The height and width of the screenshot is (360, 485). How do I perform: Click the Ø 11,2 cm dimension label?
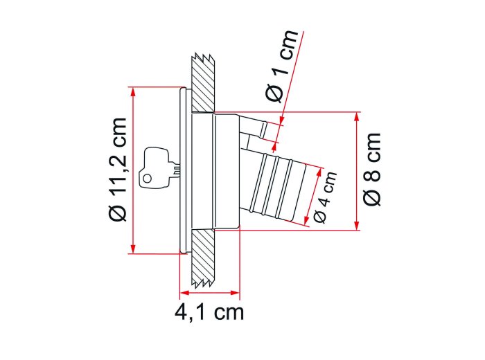[118, 170]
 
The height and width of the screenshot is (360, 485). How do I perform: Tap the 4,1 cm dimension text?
[209, 313]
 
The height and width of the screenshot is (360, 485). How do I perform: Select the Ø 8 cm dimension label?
[371, 169]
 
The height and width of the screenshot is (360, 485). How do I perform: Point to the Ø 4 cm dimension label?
[325, 197]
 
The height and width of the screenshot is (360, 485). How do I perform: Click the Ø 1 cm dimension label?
[282, 66]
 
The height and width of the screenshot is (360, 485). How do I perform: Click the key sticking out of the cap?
[159, 168]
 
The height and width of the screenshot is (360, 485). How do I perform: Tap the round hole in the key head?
[148, 179]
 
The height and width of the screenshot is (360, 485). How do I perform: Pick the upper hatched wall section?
[203, 84]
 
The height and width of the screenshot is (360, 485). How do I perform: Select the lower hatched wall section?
[203, 257]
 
